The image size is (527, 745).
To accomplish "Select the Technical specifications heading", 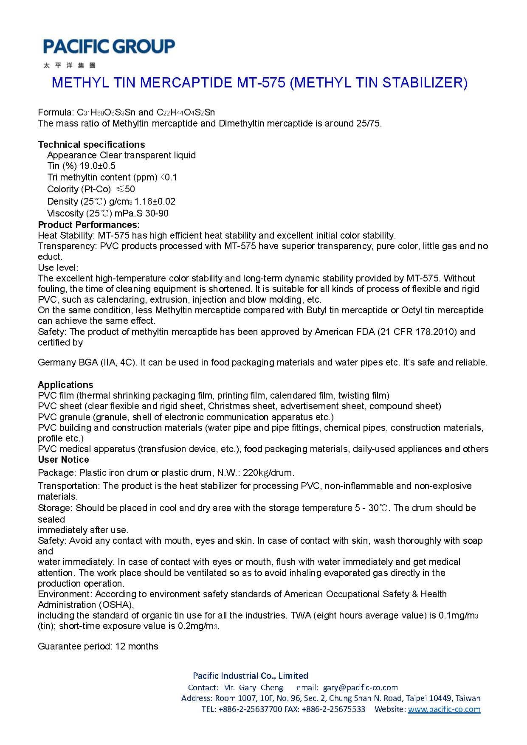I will click(91, 144).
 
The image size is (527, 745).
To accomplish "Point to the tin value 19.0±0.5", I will click(98, 166).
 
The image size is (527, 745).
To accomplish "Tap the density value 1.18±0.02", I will click(155, 201).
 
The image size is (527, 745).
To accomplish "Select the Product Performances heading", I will click(89, 225).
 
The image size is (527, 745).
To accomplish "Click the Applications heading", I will click(65, 385).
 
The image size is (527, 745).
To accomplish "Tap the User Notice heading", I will click(63, 459).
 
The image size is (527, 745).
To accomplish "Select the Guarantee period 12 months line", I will click(98, 646).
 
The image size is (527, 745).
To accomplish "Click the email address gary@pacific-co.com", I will click(360, 687).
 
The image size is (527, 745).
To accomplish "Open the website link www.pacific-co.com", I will click(444, 709).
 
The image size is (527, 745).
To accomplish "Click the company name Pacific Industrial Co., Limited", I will click(251, 675).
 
